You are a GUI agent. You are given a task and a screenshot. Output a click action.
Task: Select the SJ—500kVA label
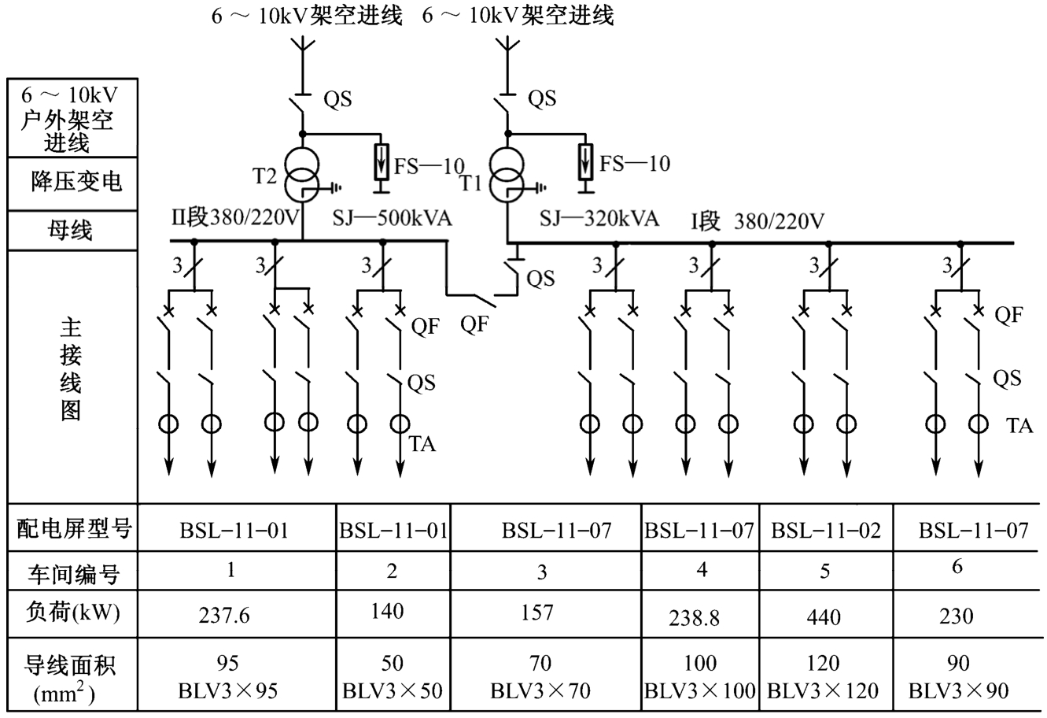point(392,219)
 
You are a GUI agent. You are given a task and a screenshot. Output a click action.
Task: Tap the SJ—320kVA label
point(599,219)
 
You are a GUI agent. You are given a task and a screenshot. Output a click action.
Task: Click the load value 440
point(824,616)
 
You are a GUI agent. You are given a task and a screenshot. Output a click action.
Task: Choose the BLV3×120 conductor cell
point(824,691)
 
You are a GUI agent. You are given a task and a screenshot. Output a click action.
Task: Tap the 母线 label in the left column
point(71,231)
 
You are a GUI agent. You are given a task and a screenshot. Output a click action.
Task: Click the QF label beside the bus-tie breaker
point(475,324)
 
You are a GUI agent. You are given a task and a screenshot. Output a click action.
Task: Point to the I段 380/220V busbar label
point(757,222)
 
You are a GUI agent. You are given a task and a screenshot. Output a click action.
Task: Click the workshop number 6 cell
point(957,567)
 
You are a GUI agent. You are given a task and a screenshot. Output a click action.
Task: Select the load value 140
point(387,611)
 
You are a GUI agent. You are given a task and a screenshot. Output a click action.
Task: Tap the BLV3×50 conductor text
point(393,691)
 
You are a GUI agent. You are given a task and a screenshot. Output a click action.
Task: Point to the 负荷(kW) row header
point(70,612)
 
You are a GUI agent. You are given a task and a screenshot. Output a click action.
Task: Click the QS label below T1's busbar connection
point(540,279)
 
